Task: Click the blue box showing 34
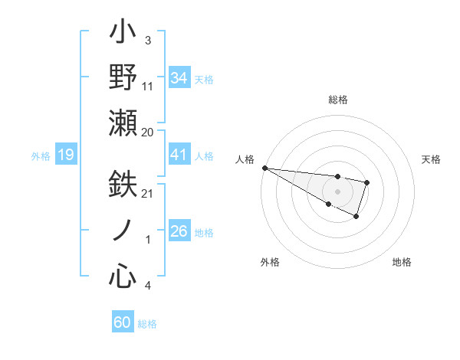point(179,77)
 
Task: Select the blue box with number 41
point(179,155)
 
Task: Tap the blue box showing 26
point(179,231)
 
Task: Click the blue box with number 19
point(65,155)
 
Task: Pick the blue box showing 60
point(123,322)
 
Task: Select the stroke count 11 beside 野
point(148,86)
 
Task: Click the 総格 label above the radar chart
point(337,100)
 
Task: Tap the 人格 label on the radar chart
point(245,159)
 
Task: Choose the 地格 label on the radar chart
point(402,262)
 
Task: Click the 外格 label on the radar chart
point(270,262)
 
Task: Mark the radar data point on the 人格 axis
point(264,167)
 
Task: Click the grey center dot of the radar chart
point(337,191)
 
